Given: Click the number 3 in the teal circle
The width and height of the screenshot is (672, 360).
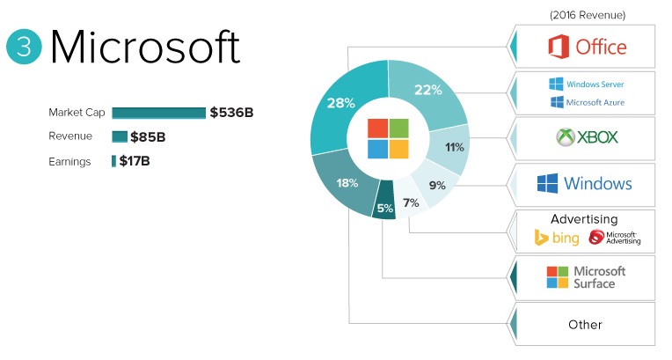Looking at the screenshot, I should pos(24,48).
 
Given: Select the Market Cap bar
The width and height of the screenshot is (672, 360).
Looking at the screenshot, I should pos(158,113).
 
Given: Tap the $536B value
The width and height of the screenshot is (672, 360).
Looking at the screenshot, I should pos(232,113).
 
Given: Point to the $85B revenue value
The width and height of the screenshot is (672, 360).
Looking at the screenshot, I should pos(148,137).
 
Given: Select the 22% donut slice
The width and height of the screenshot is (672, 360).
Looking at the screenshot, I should pos(428,92).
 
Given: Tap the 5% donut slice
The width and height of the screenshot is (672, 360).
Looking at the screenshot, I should pos(384,208).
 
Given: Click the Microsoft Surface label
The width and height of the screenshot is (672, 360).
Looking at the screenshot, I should pos(598,277).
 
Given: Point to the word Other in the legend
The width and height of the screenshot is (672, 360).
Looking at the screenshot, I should pos(585,324).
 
